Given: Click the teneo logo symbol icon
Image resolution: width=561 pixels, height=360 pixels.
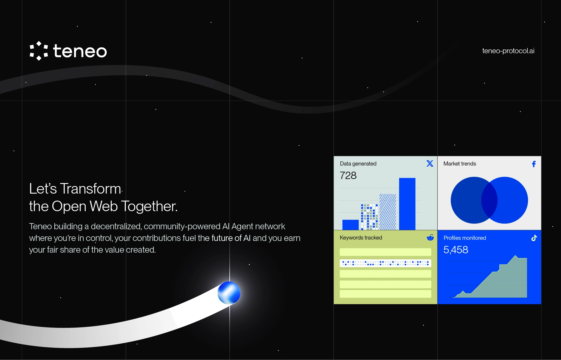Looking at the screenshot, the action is [39, 51].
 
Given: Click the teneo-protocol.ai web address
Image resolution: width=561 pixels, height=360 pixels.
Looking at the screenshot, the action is [508, 51].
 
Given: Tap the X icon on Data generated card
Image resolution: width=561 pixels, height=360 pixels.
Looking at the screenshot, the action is [430, 163].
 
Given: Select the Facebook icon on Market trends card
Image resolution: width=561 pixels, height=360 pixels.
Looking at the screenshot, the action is [534, 164].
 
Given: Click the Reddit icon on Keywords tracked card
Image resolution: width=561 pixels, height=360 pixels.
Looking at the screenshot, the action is [430, 237].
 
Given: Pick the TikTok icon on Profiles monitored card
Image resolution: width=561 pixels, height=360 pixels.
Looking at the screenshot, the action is [534, 238].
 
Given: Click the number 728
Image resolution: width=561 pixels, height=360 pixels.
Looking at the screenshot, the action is [348, 175].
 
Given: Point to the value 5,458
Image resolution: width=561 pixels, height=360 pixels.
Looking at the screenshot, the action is [456, 250].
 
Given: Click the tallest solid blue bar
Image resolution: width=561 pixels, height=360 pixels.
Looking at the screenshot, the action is [407, 204].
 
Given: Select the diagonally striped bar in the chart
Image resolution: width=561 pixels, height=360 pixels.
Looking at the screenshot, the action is [388, 212].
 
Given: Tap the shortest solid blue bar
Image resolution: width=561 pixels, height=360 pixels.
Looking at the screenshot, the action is [350, 225].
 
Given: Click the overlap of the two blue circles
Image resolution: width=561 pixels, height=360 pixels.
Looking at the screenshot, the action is [489, 200].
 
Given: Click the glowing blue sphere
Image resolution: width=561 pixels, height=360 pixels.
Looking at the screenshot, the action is [229, 293].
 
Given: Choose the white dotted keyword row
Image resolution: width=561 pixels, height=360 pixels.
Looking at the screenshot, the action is [385, 263].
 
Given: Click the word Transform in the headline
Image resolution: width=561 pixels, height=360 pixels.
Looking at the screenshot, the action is [91, 189].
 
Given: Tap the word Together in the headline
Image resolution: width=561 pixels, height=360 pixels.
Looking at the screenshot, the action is [149, 206].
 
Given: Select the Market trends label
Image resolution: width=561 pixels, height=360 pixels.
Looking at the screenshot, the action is [460, 164].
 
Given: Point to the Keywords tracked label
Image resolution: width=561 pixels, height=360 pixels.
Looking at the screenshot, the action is [361, 238].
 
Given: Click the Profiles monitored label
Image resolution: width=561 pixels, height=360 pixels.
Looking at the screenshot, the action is [465, 238].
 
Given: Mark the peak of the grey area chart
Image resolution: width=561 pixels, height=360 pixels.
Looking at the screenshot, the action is [516, 256].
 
